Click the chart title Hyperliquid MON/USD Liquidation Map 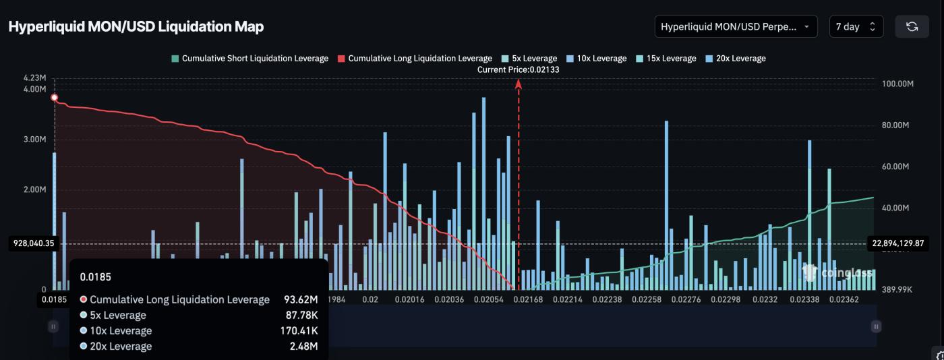136,27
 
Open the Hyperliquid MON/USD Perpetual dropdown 736,27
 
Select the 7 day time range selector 856,27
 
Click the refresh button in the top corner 912,27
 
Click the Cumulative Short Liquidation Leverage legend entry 250,59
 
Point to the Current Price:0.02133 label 518,69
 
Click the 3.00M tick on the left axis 34,140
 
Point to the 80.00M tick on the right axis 897,125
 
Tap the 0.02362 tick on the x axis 844,299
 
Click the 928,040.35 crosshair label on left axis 32,243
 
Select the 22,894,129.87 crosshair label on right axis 897,243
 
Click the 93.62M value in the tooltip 301,299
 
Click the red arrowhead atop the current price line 519,84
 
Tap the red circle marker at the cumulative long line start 55,98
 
